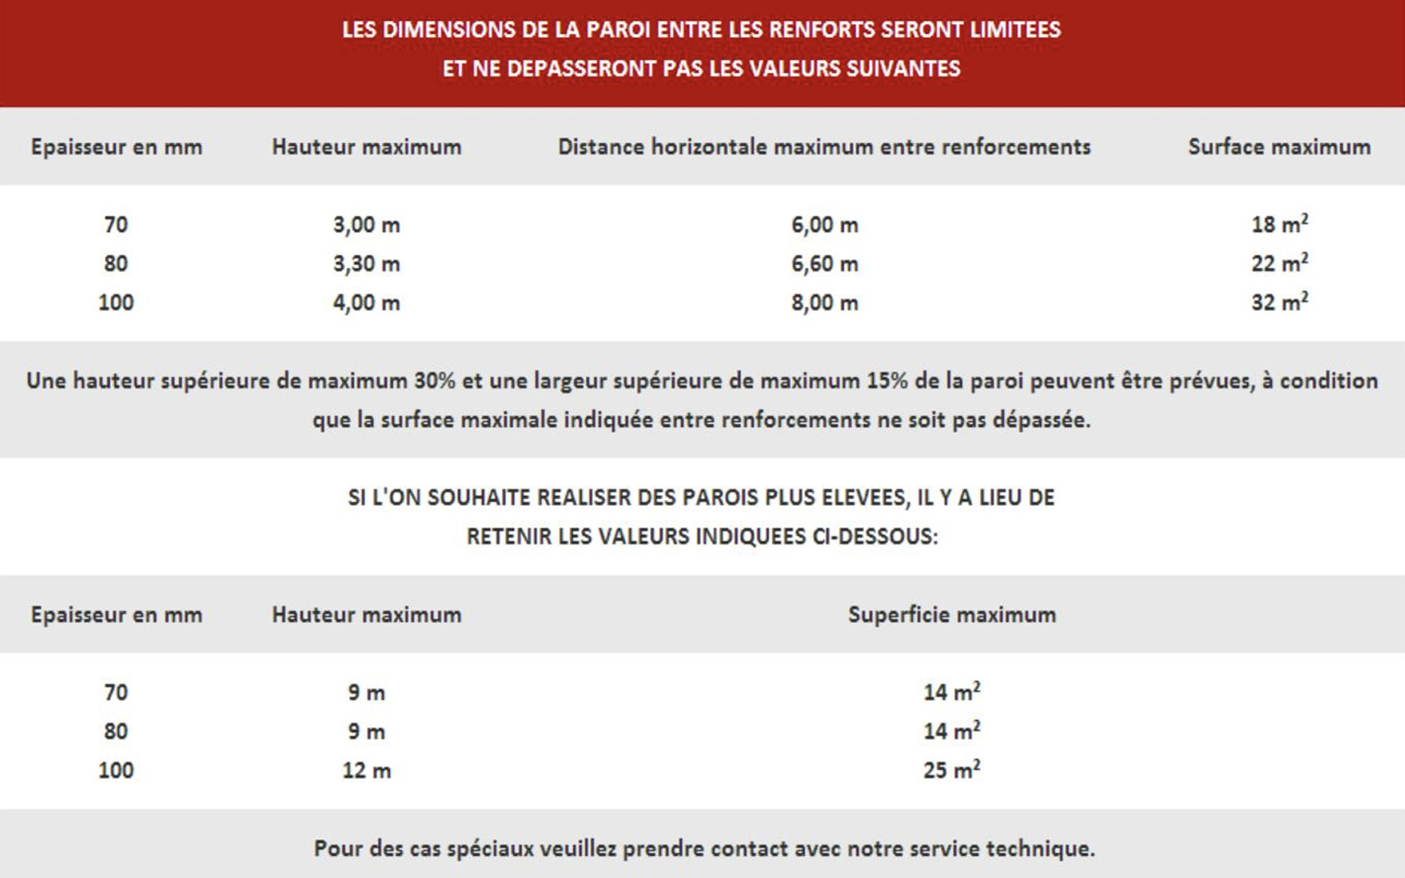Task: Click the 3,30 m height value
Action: click(x=366, y=263)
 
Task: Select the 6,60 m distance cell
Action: click(x=825, y=263)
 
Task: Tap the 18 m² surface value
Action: click(x=1279, y=225)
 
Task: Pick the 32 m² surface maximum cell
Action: click(x=1279, y=302)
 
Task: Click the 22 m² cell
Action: click(x=1279, y=263)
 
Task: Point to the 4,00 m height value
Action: click(x=366, y=303)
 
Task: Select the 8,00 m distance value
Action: click(x=825, y=303)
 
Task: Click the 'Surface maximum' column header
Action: click(x=1279, y=147)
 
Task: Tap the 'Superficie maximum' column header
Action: click(x=952, y=615)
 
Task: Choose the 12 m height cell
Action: click(x=366, y=771)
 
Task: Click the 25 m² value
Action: click(x=951, y=770)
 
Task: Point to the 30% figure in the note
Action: click(x=435, y=381)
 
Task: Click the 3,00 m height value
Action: click(x=366, y=225)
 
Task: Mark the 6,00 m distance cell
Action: click(x=825, y=225)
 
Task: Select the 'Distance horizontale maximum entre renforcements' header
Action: click(x=825, y=147)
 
